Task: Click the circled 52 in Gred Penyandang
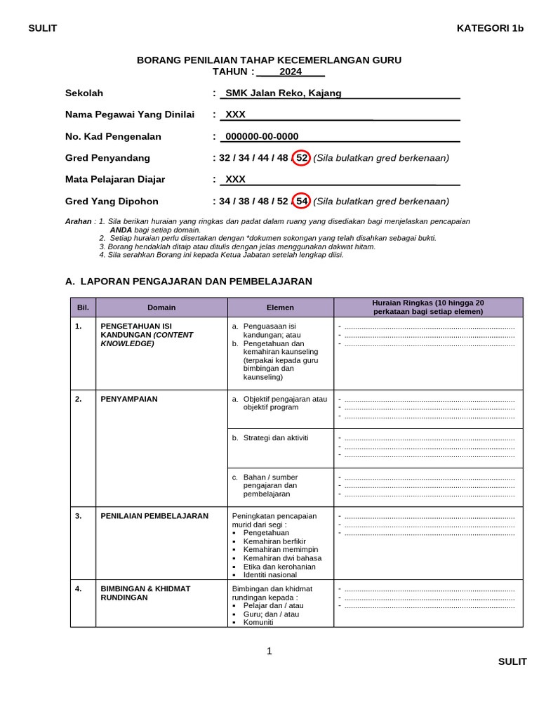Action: coord(301,158)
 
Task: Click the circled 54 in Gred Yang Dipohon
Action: coord(301,202)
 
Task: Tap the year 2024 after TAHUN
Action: coord(290,72)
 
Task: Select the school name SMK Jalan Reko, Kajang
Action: coord(283,93)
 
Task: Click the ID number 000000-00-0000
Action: coord(261,136)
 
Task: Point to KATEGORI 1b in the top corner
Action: coord(490,28)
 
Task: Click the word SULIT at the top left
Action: coord(42,28)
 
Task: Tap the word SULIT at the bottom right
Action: coord(512,661)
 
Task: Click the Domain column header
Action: coord(161,308)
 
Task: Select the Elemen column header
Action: coord(280,308)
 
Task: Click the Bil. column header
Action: coord(83,308)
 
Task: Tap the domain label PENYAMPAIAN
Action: coord(129,399)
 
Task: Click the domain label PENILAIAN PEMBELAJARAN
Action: coord(154,515)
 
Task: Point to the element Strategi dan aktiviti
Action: coord(275,437)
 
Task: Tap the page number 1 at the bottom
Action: coord(269,651)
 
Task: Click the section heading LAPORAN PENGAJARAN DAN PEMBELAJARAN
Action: coord(196,281)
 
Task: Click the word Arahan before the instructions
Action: coord(78,221)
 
